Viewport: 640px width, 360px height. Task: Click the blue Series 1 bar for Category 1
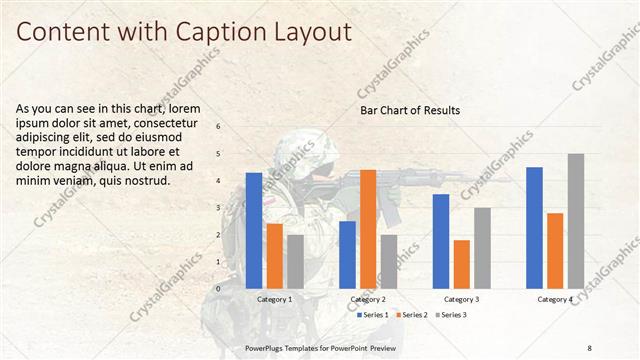[254, 230]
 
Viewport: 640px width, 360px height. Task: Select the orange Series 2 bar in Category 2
[368, 228]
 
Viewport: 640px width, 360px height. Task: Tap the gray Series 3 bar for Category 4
[575, 220]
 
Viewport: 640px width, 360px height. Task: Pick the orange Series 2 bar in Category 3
[461, 263]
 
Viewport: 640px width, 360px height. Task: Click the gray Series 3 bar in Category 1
[295, 261]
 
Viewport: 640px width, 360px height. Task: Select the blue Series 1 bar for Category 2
[347, 254]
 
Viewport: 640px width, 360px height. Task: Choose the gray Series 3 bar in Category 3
[482, 247]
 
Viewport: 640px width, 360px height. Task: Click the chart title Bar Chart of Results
[410, 110]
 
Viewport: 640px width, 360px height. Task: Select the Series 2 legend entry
[414, 314]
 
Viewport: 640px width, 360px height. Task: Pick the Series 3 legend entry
[452, 314]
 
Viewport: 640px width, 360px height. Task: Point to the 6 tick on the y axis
[218, 127]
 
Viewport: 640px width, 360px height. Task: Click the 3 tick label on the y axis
[218, 208]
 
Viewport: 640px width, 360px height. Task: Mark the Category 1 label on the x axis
[275, 298]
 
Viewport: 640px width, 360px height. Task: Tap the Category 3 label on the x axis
[461, 298]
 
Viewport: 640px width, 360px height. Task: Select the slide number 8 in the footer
[590, 347]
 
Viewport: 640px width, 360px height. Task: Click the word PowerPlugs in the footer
[267, 347]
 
